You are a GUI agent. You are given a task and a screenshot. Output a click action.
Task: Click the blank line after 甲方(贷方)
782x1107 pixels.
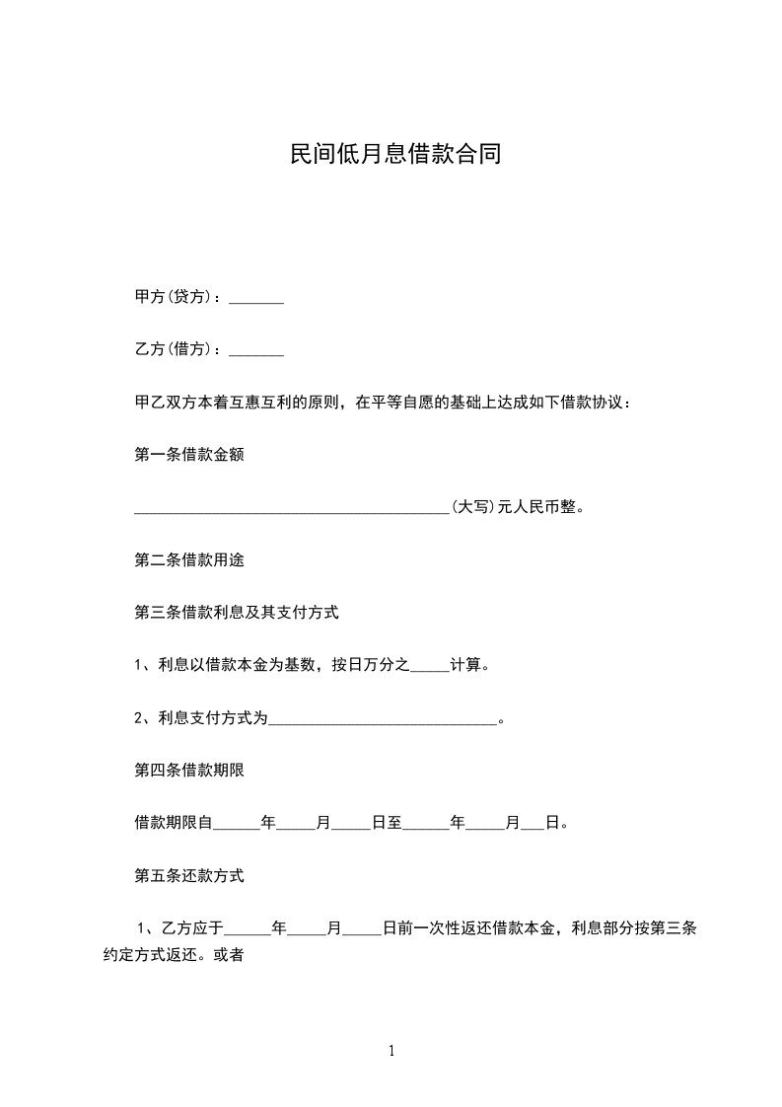click(256, 299)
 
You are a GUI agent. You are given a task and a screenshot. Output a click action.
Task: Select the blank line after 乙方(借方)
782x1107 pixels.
click(256, 351)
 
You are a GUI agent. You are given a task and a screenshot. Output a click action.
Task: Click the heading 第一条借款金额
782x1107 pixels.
click(188, 455)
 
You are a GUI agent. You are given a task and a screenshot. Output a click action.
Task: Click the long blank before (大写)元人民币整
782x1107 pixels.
click(291, 510)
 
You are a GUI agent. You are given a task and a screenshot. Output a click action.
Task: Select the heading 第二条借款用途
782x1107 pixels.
click(188, 560)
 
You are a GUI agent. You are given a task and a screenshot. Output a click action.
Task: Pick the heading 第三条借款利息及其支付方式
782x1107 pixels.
click(237, 613)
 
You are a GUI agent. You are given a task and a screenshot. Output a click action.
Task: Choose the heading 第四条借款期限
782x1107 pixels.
click(188, 771)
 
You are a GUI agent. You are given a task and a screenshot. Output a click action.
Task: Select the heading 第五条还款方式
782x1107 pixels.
click(188, 875)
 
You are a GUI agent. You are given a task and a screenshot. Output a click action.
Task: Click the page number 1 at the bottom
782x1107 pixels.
click(391, 1052)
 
